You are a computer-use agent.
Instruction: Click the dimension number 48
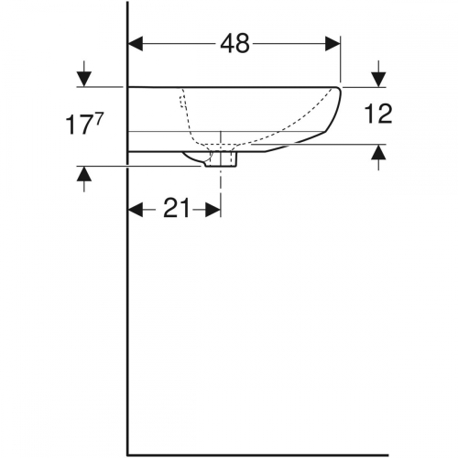(x=234, y=44)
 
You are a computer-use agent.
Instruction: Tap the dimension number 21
(x=177, y=210)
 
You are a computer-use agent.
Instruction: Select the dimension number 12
(x=378, y=114)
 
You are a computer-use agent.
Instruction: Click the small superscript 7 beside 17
(x=99, y=118)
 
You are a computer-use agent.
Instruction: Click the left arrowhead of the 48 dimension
(x=136, y=44)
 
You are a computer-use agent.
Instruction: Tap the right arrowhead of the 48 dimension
(x=333, y=44)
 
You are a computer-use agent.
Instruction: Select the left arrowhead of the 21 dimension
(x=136, y=210)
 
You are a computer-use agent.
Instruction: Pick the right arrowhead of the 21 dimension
(x=213, y=210)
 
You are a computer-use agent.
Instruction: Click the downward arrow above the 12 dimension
(x=378, y=74)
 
